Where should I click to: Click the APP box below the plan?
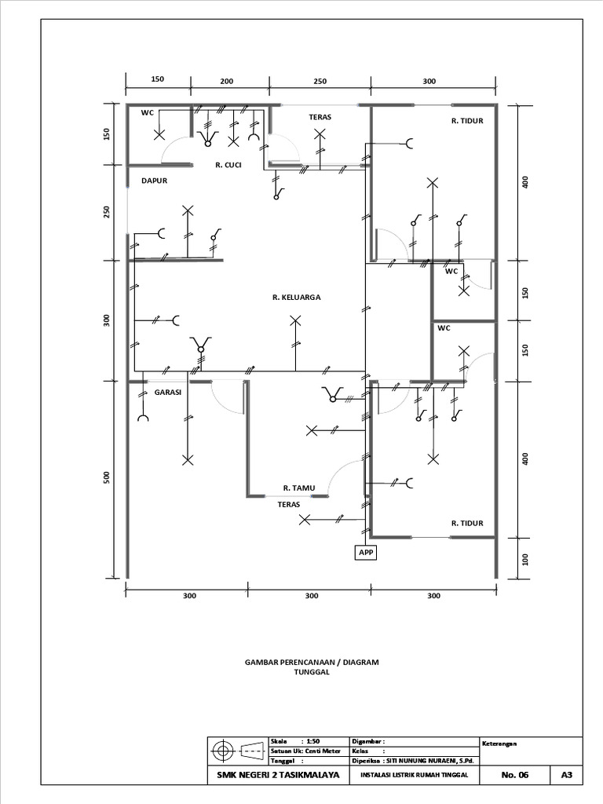(366, 553)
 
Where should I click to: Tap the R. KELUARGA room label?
(296, 298)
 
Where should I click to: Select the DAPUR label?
(155, 181)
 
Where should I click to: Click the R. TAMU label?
(298, 488)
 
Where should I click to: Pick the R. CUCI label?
(228, 166)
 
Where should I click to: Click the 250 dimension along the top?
(319, 81)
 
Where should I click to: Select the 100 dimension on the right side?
(525, 559)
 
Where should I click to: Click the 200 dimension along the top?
(227, 81)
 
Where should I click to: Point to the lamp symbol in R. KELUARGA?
(295, 320)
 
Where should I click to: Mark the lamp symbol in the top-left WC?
(159, 135)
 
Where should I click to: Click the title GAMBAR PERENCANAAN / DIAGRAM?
(312, 663)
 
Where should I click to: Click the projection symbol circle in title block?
(223, 751)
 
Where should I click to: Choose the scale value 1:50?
(313, 740)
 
